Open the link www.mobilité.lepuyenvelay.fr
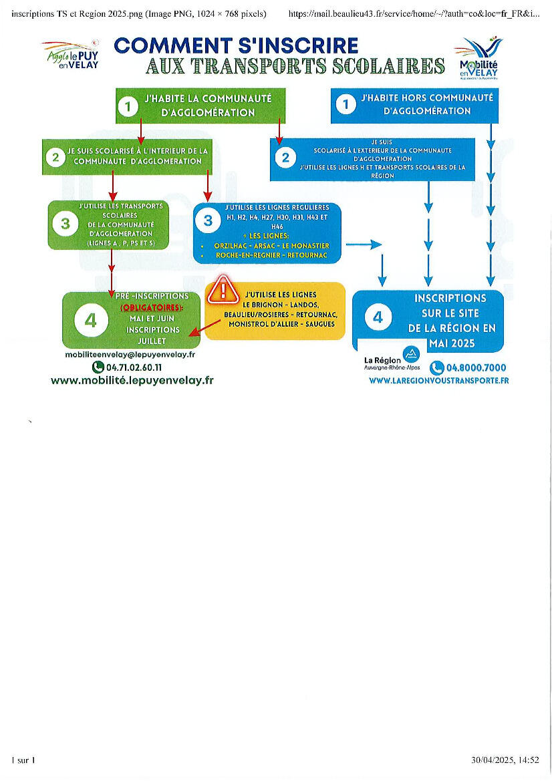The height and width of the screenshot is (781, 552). [132, 381]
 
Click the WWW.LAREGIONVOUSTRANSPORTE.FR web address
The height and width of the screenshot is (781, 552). [438, 380]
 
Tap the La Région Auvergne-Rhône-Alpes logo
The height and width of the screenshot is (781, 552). [394, 359]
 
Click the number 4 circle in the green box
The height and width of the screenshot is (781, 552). [90, 321]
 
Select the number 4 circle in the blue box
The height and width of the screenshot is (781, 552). [378, 317]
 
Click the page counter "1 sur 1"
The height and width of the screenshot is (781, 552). [23, 760]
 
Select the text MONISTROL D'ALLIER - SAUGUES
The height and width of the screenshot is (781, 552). [281, 324]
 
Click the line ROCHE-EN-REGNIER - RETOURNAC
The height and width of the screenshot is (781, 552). [271, 255]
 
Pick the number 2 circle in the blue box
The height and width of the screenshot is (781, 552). [285, 158]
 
